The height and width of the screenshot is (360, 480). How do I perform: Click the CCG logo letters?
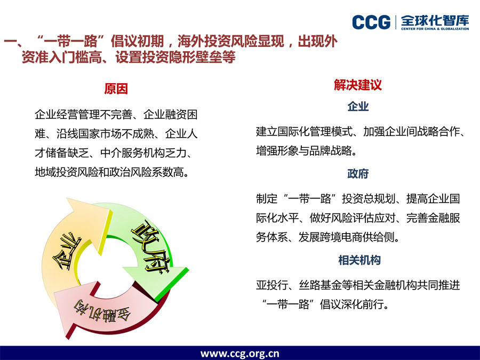[x=371, y=22]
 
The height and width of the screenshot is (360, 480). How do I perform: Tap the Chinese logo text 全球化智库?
[x=435, y=20]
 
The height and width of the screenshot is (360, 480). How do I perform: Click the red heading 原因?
[x=116, y=89]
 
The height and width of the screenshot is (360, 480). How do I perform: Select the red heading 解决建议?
[x=358, y=85]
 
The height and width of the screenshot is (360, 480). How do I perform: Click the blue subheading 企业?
[x=358, y=107]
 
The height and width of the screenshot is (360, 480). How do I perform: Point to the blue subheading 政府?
[x=358, y=173]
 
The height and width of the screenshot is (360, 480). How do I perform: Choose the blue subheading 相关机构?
[x=359, y=260]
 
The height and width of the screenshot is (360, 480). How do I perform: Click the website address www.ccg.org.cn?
[x=239, y=354]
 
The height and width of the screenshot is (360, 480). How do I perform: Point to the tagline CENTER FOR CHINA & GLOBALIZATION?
[x=435, y=29]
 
